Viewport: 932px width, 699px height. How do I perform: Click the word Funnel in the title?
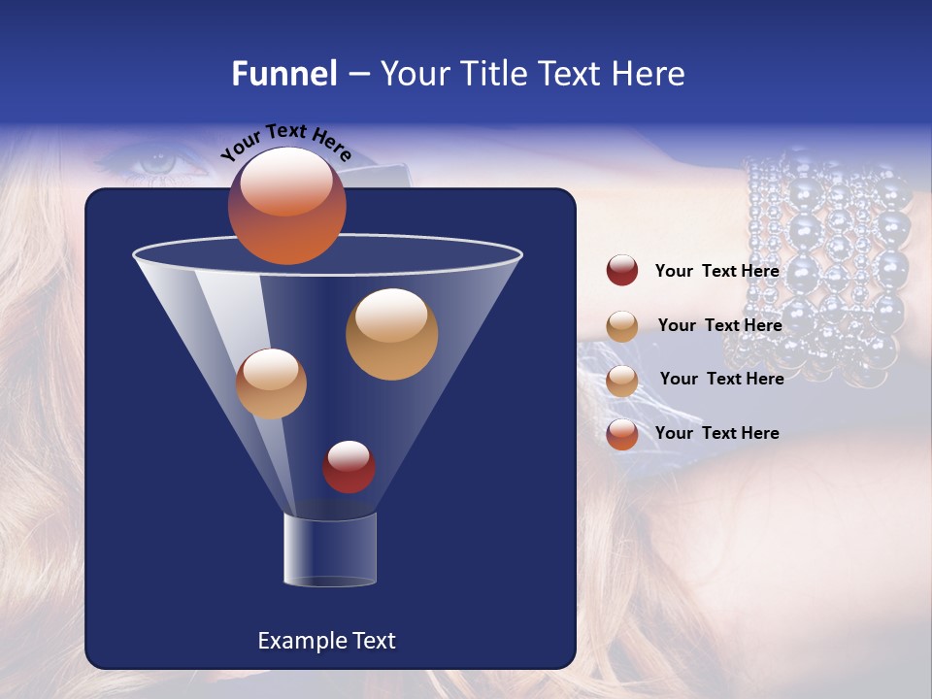coord(283,74)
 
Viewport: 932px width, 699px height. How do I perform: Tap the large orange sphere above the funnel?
coord(286,206)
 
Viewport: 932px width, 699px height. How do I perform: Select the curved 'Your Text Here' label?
coord(285,143)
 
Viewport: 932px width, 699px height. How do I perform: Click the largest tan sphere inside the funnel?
coord(391,334)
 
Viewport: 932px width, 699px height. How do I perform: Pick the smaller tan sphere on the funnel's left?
coord(271,383)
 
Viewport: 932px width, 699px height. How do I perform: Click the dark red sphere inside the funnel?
coord(349,467)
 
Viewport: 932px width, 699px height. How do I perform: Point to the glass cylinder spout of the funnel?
coord(329,549)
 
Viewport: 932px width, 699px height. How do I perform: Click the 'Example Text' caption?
coord(326,641)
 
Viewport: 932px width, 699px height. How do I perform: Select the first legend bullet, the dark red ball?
coord(622,271)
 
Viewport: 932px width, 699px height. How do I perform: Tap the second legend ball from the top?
coord(622,326)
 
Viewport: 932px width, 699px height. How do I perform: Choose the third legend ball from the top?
coord(622,381)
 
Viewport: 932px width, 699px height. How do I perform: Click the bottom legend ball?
coord(622,434)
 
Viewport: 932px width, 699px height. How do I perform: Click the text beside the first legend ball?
coord(716,271)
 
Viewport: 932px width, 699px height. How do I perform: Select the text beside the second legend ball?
coord(719,325)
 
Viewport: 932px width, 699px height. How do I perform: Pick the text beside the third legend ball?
coord(721,379)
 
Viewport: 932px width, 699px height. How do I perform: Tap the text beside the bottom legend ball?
coord(716,433)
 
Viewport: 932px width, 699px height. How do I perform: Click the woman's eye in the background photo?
coord(155,161)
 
